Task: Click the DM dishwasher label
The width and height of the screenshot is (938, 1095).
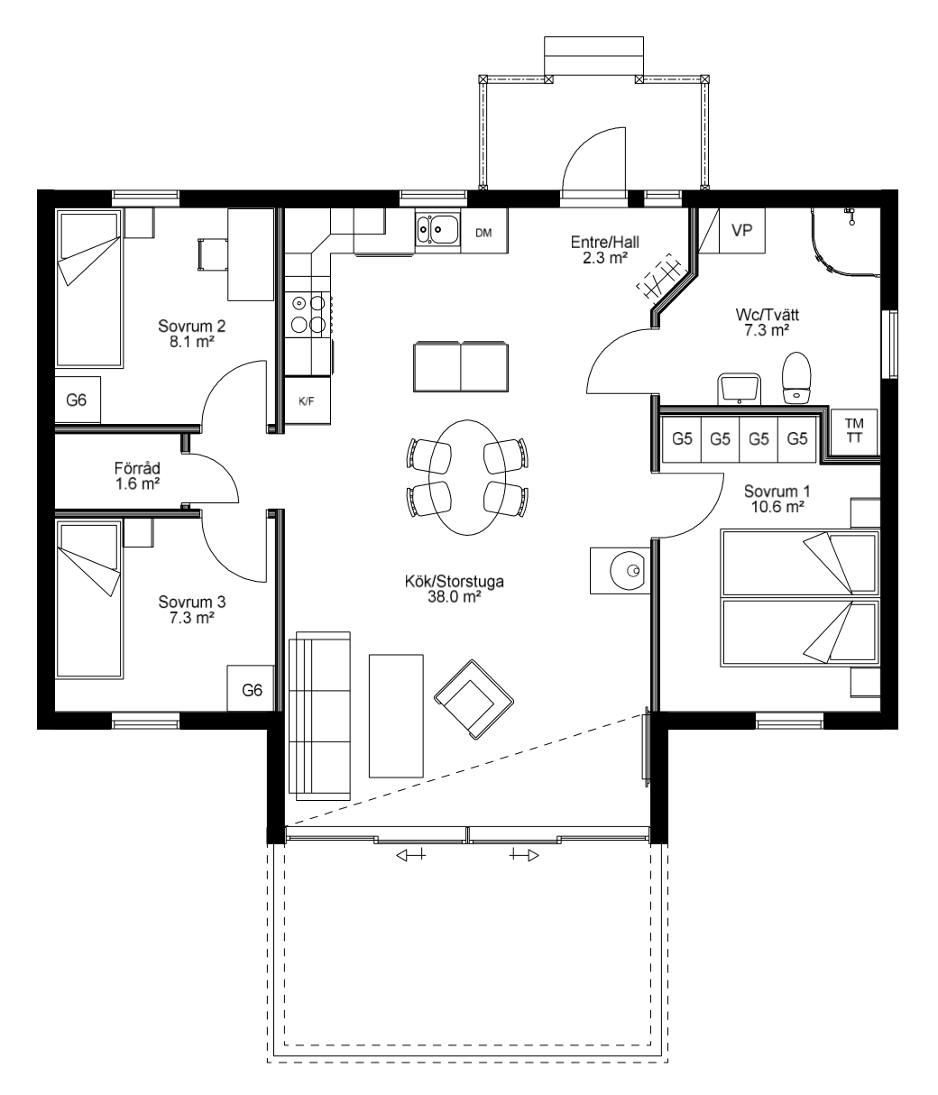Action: coord(483,233)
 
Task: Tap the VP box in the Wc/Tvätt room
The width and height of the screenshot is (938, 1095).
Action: coord(741,230)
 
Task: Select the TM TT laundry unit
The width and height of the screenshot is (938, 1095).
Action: coord(854,432)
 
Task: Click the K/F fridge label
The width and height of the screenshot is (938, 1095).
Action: coord(306,401)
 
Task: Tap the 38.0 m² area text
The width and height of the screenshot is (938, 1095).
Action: coord(454,597)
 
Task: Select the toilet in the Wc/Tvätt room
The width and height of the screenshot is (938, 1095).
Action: coord(796,378)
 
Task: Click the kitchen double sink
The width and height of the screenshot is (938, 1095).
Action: coord(437,229)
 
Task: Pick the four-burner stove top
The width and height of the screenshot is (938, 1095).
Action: coord(308,314)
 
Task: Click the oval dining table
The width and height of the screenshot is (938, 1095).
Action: coord(467,477)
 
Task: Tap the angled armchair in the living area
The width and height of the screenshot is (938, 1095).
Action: coord(474,699)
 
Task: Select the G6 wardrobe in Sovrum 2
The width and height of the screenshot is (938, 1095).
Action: coord(78,400)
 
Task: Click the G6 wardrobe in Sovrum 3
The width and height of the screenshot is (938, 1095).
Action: coord(251,689)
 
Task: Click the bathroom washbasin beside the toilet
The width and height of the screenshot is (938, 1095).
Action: coord(740,389)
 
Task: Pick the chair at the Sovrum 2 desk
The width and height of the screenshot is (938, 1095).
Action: coord(212,255)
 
